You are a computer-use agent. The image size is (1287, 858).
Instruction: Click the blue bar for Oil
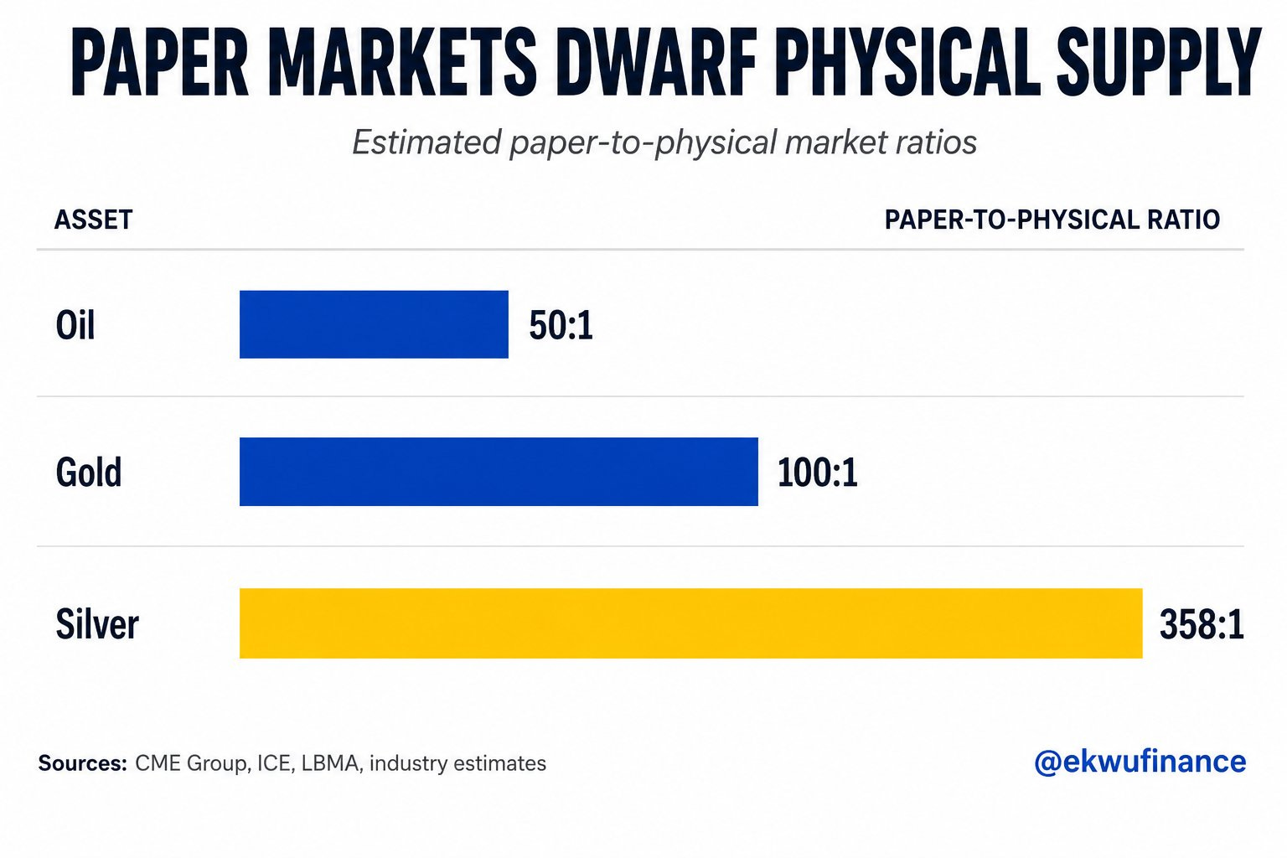coord(374,325)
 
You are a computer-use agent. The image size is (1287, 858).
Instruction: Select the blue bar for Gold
coord(499,472)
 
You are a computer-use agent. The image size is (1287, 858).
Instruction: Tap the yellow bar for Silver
coord(690,623)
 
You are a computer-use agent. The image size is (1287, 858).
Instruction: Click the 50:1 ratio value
coord(561,325)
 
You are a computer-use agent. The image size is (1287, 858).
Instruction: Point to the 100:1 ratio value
coord(818,473)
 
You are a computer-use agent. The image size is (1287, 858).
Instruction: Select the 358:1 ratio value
coord(1202,625)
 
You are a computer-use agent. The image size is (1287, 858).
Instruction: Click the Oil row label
coord(75,325)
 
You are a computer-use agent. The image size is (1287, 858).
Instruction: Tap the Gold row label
coord(89,472)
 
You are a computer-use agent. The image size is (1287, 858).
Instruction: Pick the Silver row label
coord(97,623)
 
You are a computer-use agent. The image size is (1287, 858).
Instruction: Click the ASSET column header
coord(94,220)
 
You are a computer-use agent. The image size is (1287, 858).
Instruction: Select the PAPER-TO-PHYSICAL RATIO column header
coord(1052,220)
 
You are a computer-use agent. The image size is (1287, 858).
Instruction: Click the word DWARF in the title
coord(656,61)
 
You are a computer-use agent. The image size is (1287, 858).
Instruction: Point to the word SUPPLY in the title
coord(1159,61)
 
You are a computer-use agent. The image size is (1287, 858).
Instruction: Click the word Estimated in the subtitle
coord(426,142)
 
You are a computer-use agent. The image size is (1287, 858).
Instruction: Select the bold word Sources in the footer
coord(83,763)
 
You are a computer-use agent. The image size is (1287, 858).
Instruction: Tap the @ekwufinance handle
coord(1140,762)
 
